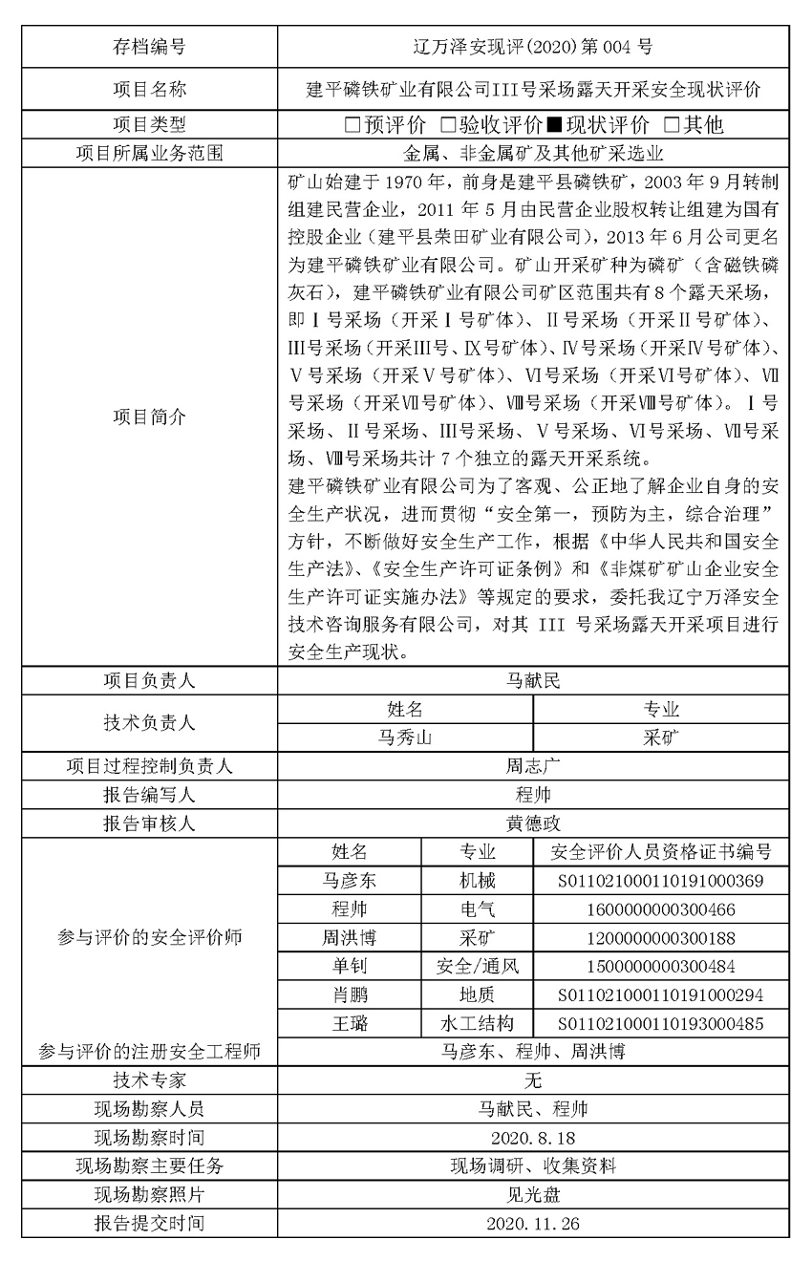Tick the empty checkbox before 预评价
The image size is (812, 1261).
tap(353, 125)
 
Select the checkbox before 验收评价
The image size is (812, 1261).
tap(447, 125)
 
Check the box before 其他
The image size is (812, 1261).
tap(672, 125)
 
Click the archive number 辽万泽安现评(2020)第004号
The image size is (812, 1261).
tap(533, 46)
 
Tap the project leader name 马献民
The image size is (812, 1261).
tap(533, 681)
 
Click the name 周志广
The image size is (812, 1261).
tap(533, 766)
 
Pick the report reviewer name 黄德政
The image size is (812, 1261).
tap(533, 824)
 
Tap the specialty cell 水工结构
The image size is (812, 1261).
tap(477, 1024)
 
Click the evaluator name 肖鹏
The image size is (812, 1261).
tap(349, 995)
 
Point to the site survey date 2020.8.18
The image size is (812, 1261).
tap(533, 1138)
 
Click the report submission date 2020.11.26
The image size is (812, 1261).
tap(533, 1224)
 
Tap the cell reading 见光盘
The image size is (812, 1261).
tap(533, 1195)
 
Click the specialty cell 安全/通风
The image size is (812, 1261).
tap(477, 967)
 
